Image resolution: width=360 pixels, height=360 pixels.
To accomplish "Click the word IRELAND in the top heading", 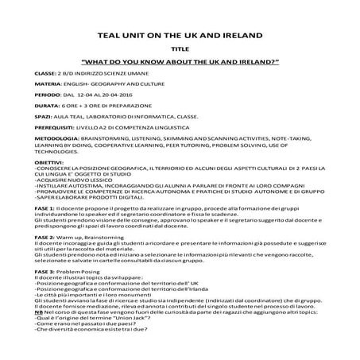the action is click(x=241, y=35).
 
